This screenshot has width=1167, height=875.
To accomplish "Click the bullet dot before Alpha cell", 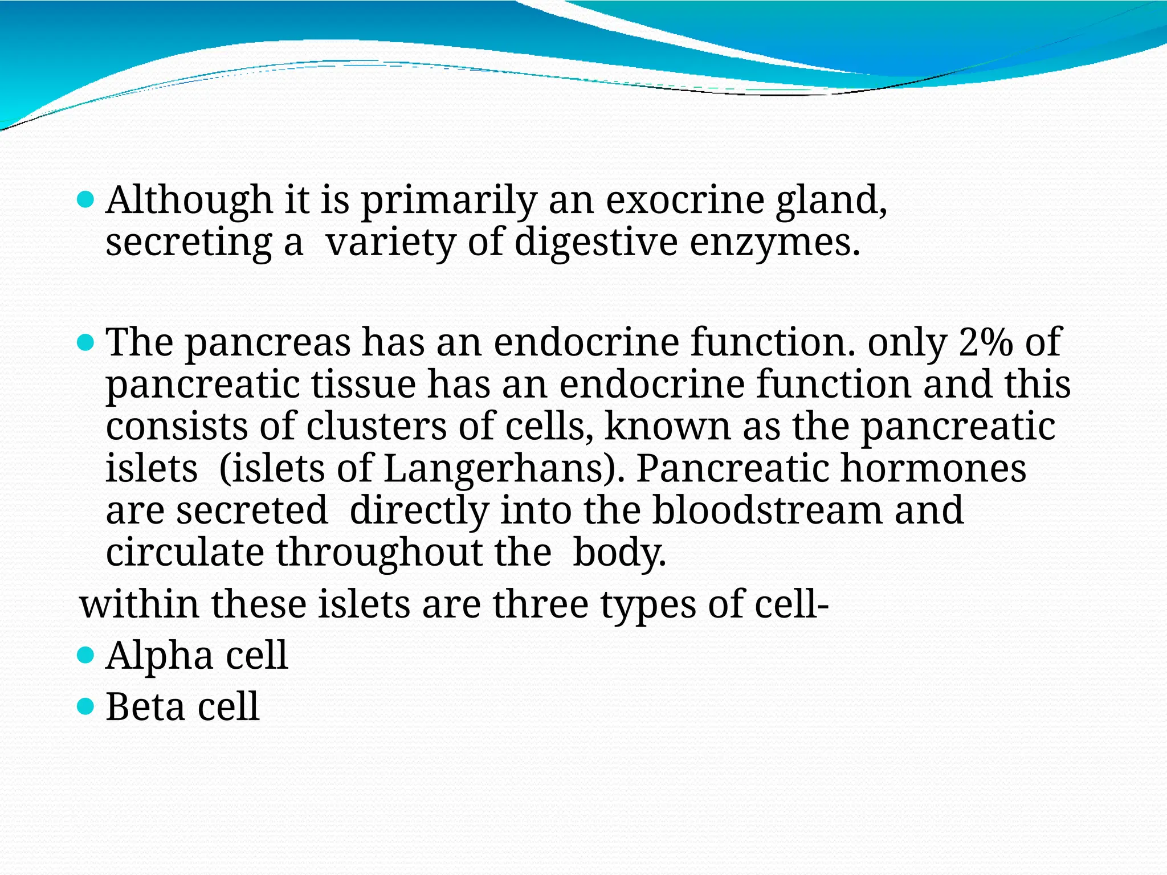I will tap(85, 656).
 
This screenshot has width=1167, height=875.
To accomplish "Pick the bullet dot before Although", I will tap(85, 200).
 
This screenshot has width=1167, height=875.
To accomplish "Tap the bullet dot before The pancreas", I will tap(85, 342).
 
